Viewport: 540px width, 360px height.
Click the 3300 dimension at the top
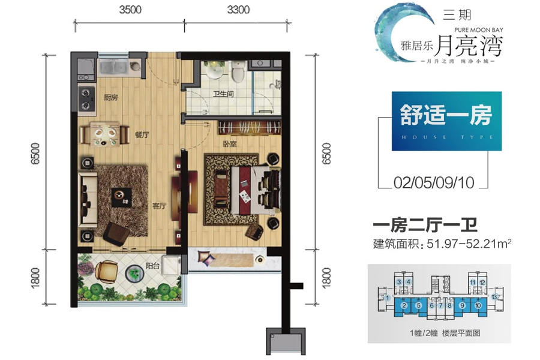[x=238, y=10]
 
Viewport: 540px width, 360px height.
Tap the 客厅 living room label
[x=158, y=206]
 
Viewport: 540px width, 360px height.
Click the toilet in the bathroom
[x=238, y=73]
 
